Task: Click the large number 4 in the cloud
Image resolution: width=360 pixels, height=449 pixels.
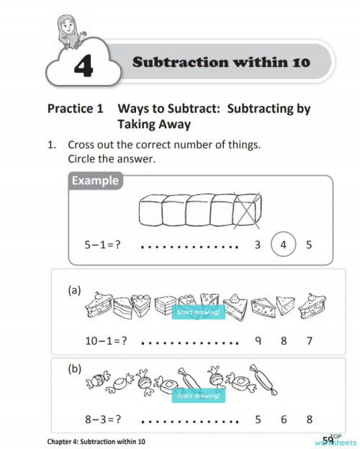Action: [83, 67]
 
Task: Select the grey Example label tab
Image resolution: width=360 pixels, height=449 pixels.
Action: [95, 180]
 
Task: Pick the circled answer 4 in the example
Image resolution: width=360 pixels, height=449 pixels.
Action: [283, 245]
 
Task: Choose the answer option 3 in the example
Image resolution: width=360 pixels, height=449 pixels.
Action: [257, 245]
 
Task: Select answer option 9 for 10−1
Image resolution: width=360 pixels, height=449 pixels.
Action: [257, 340]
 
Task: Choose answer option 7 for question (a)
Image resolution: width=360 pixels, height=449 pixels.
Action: [309, 340]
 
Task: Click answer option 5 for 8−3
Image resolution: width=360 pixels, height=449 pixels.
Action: [257, 419]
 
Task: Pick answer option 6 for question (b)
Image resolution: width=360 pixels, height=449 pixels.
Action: [283, 419]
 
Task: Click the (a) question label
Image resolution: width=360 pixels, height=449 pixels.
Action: [74, 291]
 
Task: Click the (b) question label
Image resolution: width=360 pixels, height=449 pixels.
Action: [74, 368]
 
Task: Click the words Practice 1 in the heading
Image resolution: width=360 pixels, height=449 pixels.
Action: [71, 109]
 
